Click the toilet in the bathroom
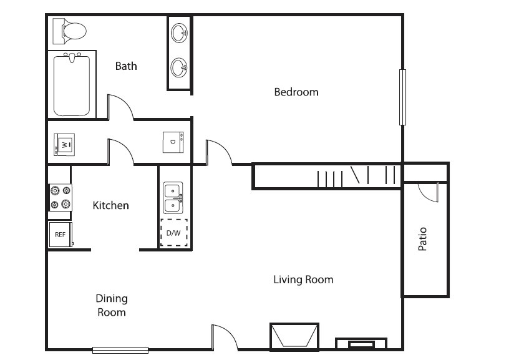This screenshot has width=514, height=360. [x=69, y=31]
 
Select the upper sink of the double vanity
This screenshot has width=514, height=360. [x=179, y=33]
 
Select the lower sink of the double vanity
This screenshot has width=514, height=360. [x=179, y=67]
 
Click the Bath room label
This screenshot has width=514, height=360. [x=126, y=66]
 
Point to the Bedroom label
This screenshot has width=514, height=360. [x=296, y=92]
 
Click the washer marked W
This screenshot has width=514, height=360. [x=64, y=144]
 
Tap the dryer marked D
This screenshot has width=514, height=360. [x=173, y=142]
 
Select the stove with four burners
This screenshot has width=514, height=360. [x=61, y=197]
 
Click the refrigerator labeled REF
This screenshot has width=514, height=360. [x=61, y=235]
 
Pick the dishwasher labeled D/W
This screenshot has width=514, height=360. [x=174, y=233]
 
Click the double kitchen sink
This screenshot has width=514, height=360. [x=173, y=198]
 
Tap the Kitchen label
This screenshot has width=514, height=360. [x=111, y=205]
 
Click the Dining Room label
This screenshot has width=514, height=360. [x=112, y=305]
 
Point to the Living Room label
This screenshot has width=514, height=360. [x=303, y=280]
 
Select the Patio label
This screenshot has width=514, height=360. [x=422, y=239]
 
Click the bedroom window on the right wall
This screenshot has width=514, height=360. [x=402, y=97]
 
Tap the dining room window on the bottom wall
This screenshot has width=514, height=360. [x=120, y=350]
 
